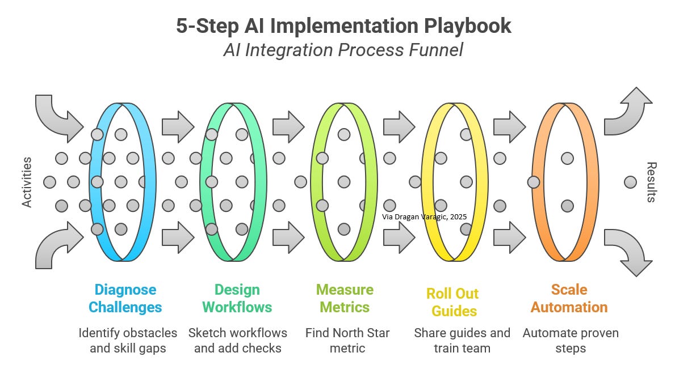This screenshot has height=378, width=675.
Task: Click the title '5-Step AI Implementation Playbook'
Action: tap(343, 26)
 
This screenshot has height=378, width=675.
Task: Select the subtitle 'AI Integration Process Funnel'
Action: tap(343, 50)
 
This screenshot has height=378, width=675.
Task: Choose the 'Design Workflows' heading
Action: tap(237, 299)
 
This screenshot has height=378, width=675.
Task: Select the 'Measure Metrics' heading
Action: tap(345, 299)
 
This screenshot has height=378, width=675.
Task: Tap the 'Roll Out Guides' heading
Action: tap(452, 302)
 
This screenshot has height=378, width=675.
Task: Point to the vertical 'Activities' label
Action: tap(27, 182)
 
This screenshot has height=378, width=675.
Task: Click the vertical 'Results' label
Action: tap(651, 182)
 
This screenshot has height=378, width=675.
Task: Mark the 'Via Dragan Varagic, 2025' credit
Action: tap(424, 216)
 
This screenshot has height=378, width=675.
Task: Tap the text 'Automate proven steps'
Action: tap(571, 340)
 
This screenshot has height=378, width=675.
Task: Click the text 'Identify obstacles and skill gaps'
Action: tap(128, 340)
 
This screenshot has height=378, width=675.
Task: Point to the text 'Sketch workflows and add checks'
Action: tap(237, 340)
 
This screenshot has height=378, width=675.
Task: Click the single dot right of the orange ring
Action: tap(630, 182)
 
